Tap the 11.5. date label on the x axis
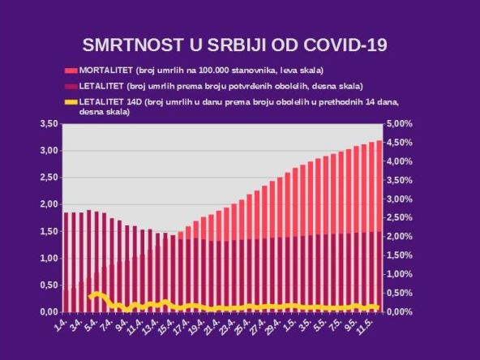369,326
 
